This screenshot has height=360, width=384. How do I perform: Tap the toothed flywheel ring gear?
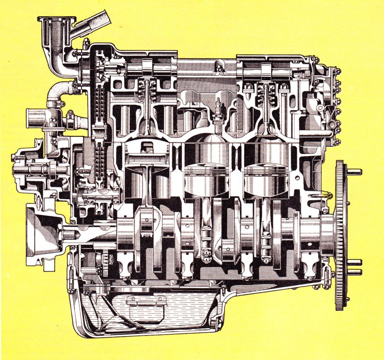tap(340, 235)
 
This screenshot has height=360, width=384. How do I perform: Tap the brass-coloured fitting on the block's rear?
tap(326, 195)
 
